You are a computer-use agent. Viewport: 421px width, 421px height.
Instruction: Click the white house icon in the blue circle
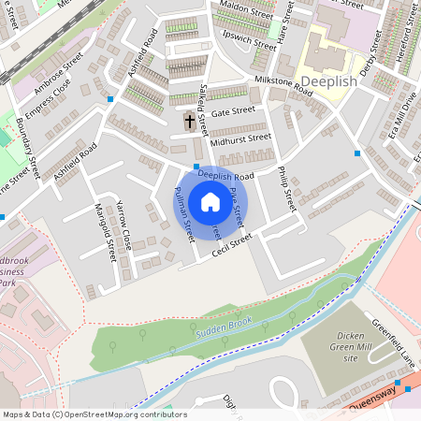tap(210, 201)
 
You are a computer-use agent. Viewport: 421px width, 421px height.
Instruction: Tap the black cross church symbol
tap(190, 121)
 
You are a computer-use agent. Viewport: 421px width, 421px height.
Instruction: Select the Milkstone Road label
tap(283, 84)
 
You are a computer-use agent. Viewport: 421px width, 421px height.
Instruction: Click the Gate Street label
tap(233, 111)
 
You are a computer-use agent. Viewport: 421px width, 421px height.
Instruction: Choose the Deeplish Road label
tap(226, 176)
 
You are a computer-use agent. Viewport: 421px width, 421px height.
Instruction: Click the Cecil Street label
tap(232, 245)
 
